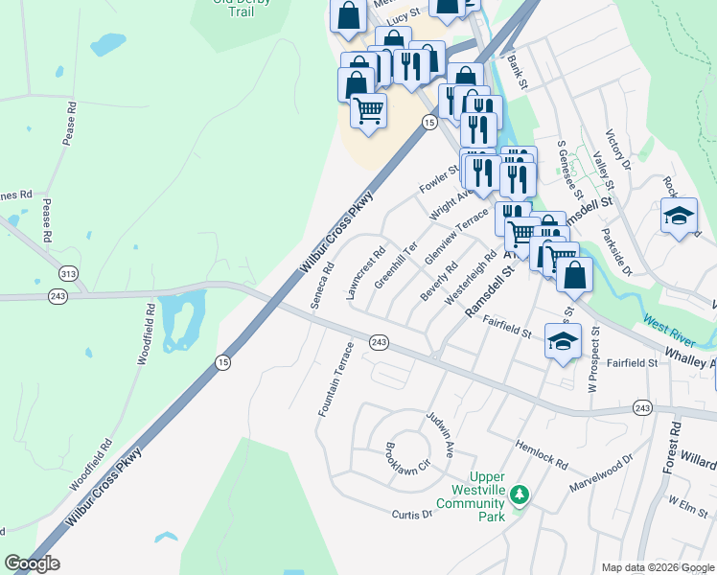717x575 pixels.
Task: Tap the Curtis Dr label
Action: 412,515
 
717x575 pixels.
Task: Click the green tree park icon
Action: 520,494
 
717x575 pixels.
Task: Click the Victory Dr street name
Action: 619,150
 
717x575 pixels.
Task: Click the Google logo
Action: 32,563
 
